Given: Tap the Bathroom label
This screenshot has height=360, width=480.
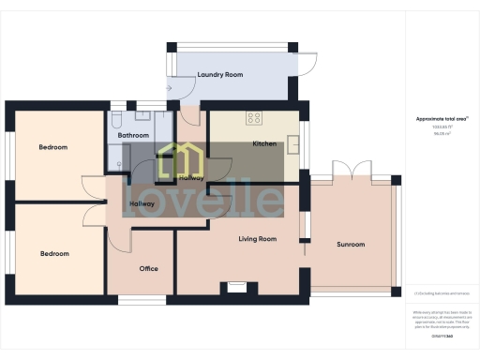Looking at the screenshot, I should click(x=135, y=135).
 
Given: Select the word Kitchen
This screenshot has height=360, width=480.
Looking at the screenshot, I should click(x=265, y=143).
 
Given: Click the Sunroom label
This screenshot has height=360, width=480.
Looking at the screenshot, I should click(x=351, y=245).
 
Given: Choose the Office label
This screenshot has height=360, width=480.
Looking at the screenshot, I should click(x=148, y=268).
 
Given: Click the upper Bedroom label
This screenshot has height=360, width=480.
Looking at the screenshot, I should click(x=52, y=147).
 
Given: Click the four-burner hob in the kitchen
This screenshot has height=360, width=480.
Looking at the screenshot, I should click(x=253, y=118).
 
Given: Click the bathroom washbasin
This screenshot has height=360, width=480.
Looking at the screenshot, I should click(x=143, y=116).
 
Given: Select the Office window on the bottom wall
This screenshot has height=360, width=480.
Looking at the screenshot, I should click(x=142, y=301).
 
